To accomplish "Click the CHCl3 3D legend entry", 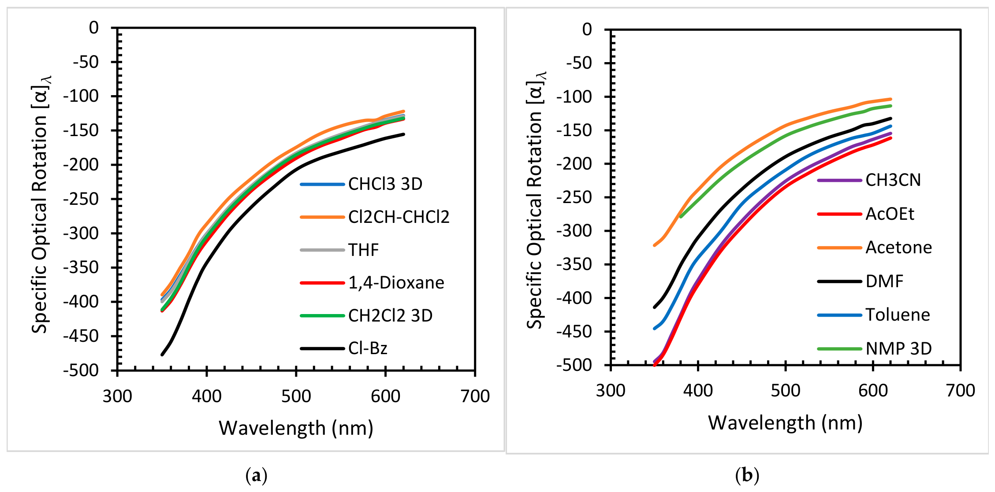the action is click(385, 184).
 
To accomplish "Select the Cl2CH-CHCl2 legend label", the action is click(399, 217).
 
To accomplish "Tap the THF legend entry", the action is click(364, 250).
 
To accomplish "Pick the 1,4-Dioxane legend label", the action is click(396, 283).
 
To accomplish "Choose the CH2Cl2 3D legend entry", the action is click(391, 315).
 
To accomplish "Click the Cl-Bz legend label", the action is click(368, 348).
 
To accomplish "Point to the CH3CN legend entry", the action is click(893, 180).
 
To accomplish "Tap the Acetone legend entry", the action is click(899, 248).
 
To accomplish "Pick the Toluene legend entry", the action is click(898, 315).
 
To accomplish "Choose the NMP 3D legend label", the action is click(898, 348).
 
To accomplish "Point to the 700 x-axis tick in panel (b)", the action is click(961, 391).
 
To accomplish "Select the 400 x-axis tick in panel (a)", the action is click(207, 396).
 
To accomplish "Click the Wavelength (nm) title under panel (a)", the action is click(296, 428).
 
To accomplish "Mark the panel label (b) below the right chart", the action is click(747, 476).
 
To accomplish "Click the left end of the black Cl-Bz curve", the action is click(162, 355).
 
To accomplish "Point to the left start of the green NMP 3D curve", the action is click(681, 216).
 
